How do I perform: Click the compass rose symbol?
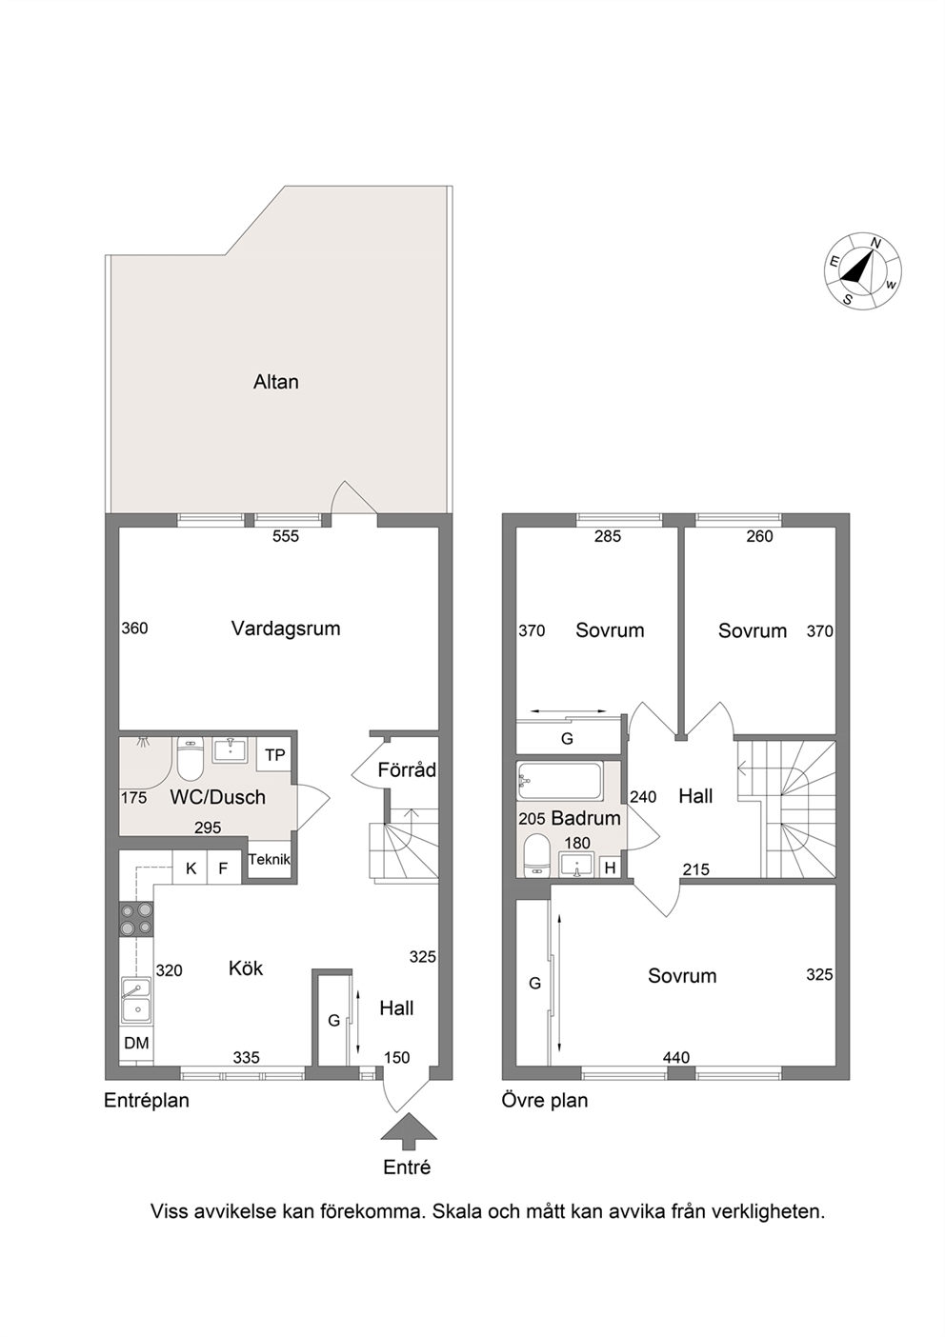coord(863,271)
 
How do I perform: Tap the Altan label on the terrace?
coord(276,382)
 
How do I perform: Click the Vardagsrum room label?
coord(286,629)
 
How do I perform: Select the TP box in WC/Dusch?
coord(274,755)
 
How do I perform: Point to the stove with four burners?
coord(137,919)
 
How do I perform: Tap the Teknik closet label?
coord(270,859)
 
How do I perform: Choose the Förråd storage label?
coord(407,770)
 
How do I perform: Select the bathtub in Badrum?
coord(559,781)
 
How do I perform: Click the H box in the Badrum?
coord(610,868)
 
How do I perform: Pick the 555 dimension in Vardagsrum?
coord(286,536)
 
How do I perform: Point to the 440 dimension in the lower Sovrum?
coord(676,1058)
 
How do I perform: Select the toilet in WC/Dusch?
coord(191,758)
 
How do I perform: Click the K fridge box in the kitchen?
coord(191,868)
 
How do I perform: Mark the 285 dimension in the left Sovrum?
coord(608,536)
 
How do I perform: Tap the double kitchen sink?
coord(137,1000)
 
